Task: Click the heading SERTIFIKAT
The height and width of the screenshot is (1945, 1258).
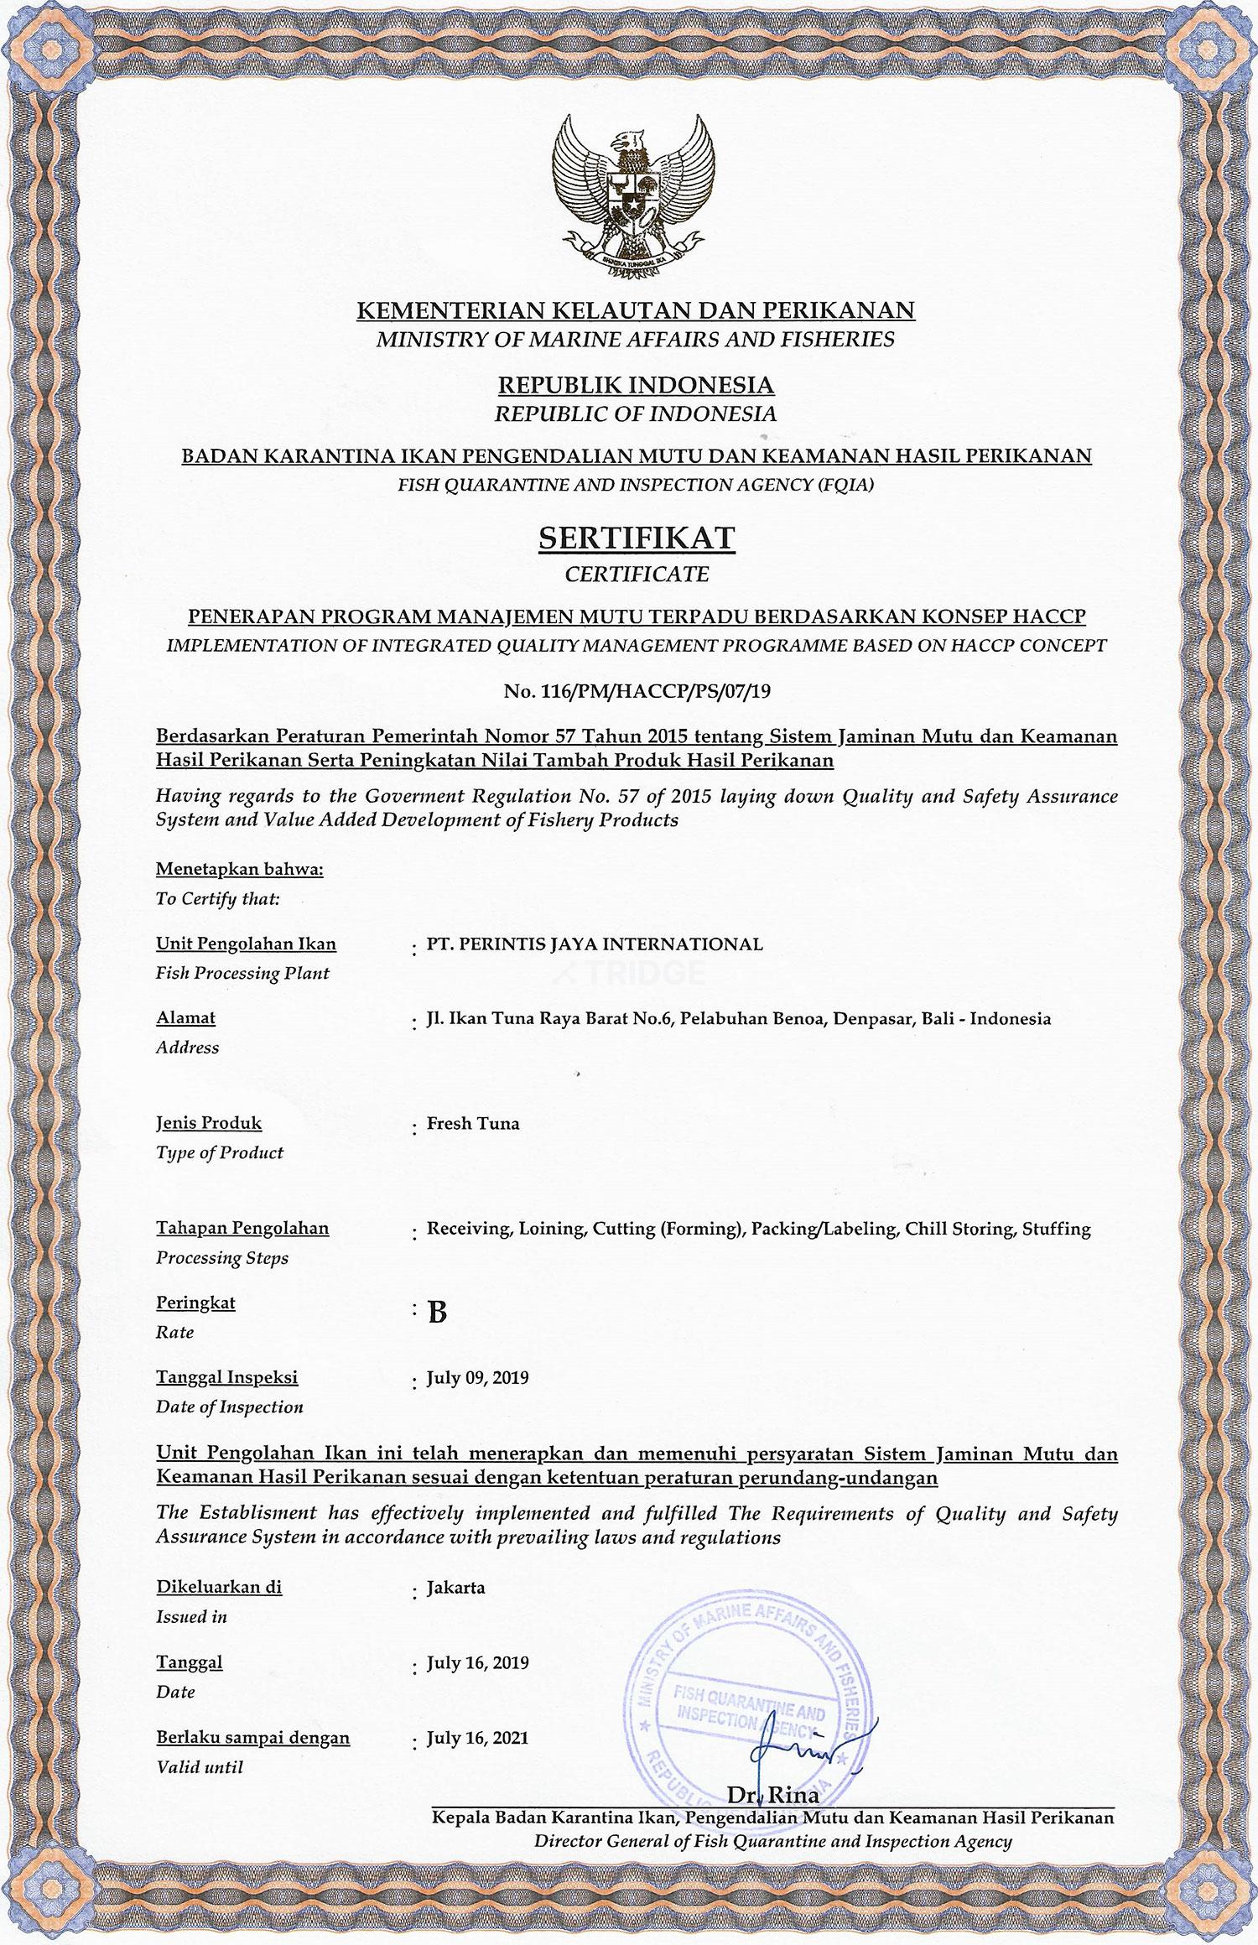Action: [637, 538]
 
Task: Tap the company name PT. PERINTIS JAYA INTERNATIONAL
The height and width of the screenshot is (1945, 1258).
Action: [595, 944]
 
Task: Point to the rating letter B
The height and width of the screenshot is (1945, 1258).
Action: [437, 1313]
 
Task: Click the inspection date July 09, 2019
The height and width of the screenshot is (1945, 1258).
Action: [477, 1378]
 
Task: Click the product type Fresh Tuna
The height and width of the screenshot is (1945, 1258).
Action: [473, 1123]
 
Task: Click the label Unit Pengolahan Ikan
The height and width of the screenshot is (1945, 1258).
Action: [246, 944]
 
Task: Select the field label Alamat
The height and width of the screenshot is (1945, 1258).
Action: [185, 1017]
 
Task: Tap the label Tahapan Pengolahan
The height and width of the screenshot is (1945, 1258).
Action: [242, 1229]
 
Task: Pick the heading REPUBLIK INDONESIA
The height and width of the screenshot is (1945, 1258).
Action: [637, 385]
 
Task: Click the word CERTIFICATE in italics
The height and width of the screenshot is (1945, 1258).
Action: [637, 575]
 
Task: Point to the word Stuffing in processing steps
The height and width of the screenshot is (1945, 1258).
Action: [1057, 1230]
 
